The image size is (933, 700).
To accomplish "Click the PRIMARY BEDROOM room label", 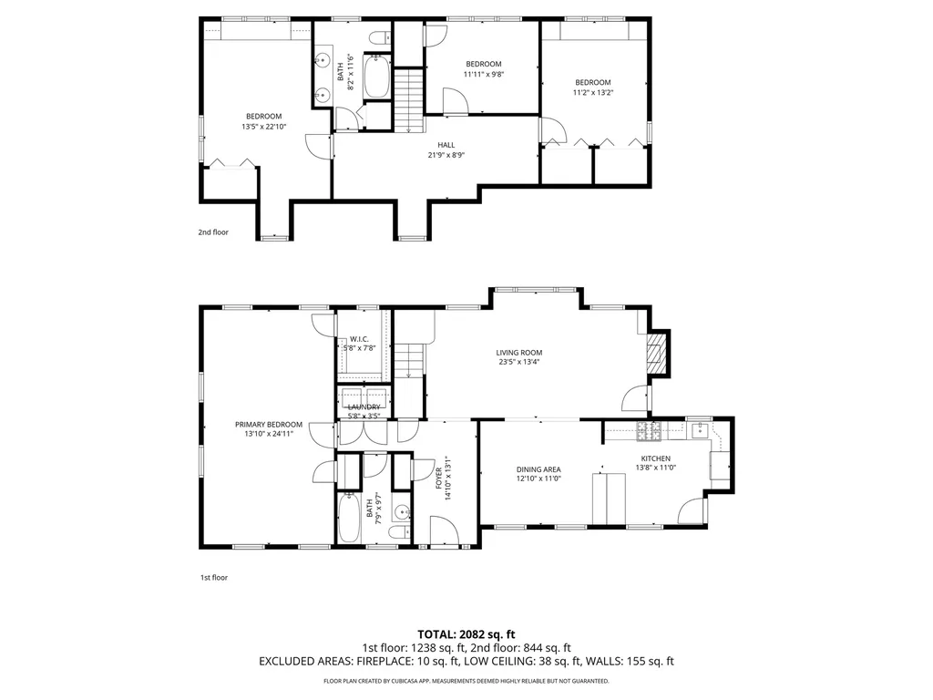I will (268, 424).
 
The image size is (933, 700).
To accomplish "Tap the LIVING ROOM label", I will (519, 353).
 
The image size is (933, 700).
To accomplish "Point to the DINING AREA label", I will (538, 468).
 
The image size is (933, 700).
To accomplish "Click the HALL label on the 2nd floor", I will (446, 145).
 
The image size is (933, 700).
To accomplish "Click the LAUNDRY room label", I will (363, 407).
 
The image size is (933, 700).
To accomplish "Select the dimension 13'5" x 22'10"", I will (263, 127).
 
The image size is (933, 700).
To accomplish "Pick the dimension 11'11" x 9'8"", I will (483, 75).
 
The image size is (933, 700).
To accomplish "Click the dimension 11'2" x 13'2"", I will (592, 92).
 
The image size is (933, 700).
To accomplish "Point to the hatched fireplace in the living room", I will (656, 353).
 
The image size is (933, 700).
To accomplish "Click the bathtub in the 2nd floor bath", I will (376, 78).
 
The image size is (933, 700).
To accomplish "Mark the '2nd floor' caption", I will (213, 232).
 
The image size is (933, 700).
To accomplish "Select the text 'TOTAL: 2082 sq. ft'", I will (466, 633).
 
